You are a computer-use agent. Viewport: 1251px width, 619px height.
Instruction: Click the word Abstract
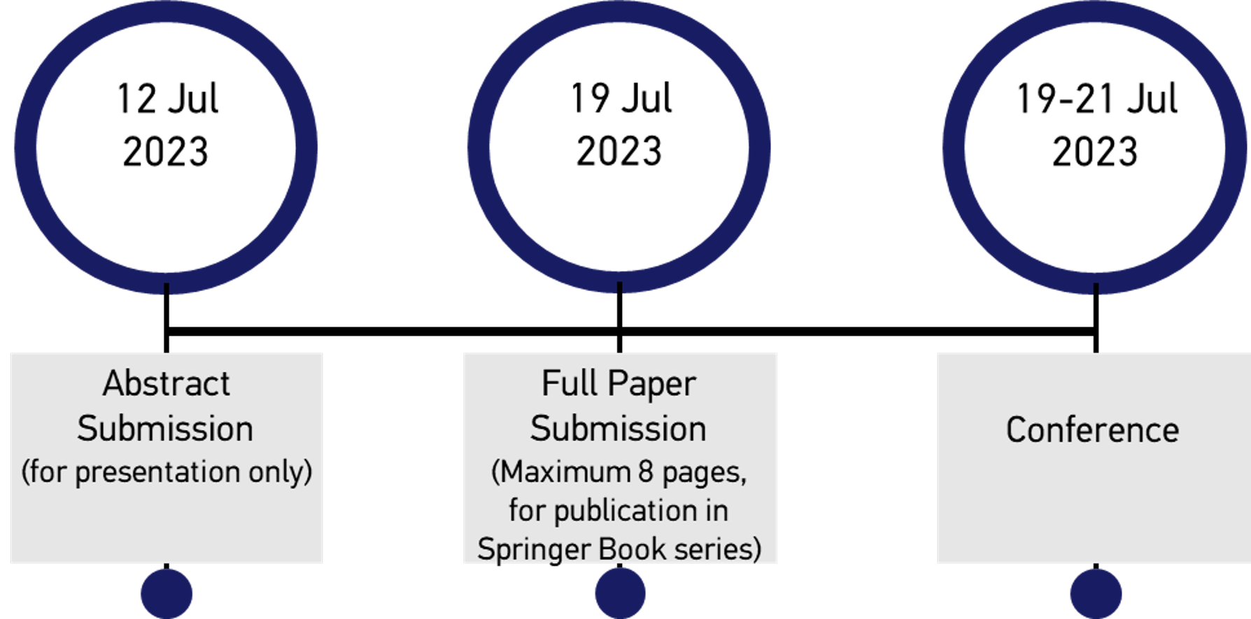point(166,383)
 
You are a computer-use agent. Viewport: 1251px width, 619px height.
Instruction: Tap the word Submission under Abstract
point(165,429)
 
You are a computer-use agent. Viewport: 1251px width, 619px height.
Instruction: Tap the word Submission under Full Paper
point(618,429)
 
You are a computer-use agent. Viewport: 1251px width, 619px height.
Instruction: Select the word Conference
point(1092,429)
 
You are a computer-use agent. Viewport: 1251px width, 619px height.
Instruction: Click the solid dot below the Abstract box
point(167,593)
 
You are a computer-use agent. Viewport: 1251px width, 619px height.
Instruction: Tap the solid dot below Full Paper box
point(620,593)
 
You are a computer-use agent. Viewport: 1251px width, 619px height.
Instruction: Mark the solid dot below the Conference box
point(1096,593)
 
